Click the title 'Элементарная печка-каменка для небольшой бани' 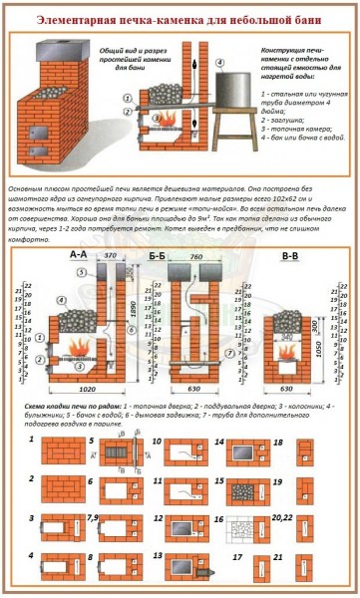coord(180,19)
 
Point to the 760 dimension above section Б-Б coord(196,267)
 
